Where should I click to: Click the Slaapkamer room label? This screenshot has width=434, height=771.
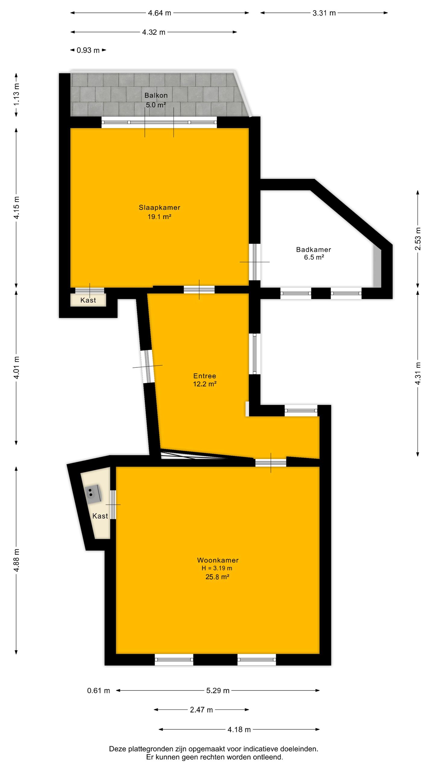[159, 207]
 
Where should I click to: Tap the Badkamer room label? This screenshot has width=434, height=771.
[313, 249]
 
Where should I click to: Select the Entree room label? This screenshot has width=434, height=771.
[205, 376]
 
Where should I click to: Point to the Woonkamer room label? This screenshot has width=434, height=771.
[218, 560]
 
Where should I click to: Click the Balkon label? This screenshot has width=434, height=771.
[156, 95]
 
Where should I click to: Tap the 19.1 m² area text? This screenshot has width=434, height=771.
[159, 217]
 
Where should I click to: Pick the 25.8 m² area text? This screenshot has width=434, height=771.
[217, 577]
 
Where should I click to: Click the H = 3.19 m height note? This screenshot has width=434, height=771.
[217, 568]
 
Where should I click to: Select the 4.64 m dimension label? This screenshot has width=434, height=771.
[159, 13]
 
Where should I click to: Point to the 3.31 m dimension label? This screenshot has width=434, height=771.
[324, 13]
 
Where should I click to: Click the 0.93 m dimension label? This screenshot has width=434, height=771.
[88, 50]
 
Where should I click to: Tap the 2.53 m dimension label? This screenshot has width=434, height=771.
[418, 239]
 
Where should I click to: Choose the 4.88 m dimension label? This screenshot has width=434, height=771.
[16, 560]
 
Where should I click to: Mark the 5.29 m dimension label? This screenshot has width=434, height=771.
[218, 690]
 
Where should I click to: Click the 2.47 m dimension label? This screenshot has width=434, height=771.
[201, 710]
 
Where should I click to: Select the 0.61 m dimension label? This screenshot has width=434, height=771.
[99, 690]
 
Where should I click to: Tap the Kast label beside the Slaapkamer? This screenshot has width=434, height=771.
[88, 300]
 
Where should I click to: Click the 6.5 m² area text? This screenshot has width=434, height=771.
[314, 257]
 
